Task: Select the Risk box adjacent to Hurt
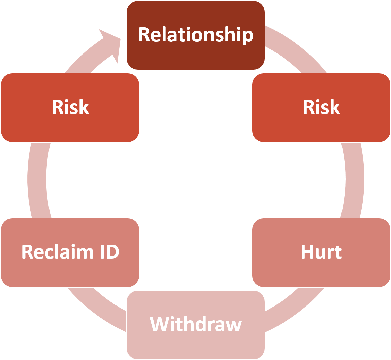coord(321,108)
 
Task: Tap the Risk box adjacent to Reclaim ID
coord(70,108)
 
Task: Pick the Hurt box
coord(321,252)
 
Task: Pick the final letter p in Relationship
coord(248,36)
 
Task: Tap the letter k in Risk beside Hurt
coord(335,107)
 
